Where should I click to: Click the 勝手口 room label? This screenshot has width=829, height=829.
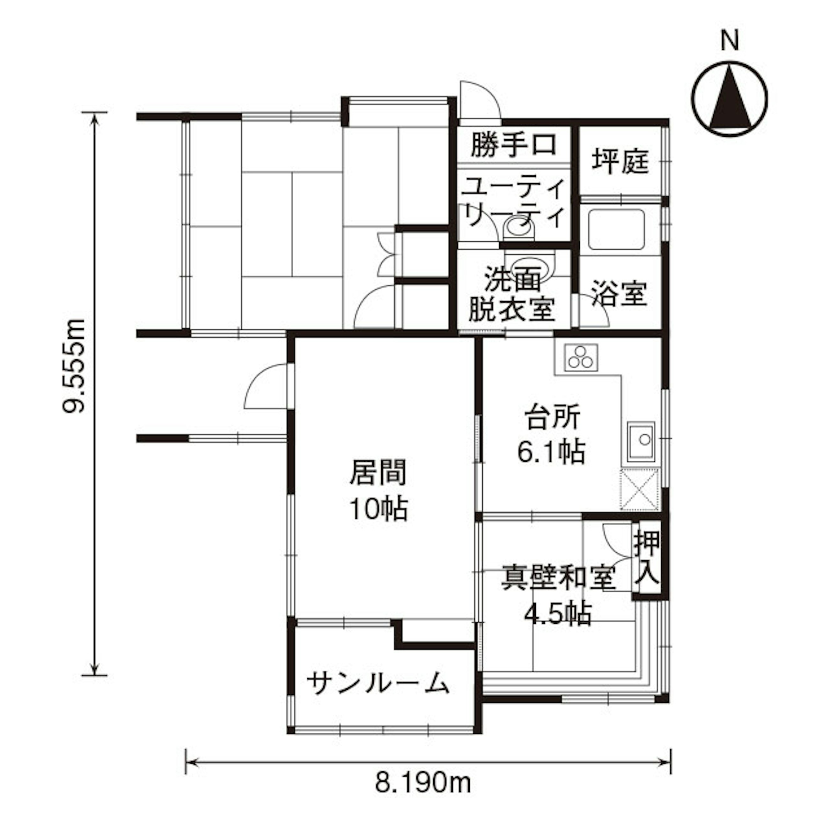click(514, 145)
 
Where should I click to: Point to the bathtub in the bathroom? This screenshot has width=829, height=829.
click(617, 229)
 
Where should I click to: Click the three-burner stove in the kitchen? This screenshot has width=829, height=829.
click(582, 357)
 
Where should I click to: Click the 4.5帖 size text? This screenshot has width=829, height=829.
click(558, 614)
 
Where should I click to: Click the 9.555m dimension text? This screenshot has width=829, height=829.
click(74, 366)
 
